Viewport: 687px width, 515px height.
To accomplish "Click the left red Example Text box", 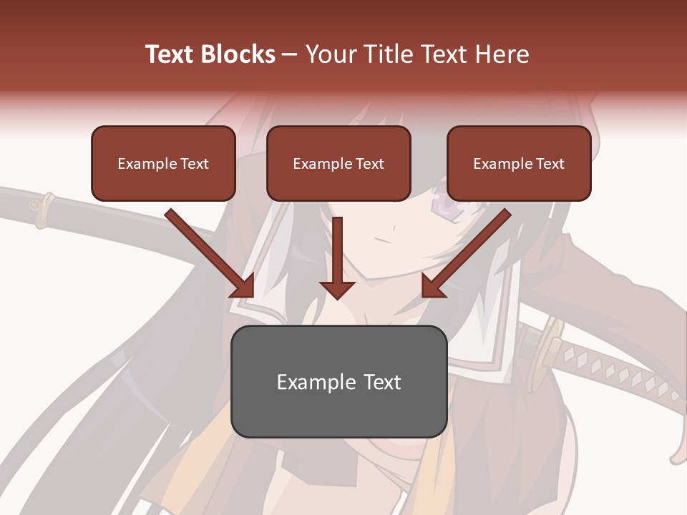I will click(x=163, y=164).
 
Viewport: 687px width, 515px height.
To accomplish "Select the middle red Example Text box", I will click(x=338, y=164).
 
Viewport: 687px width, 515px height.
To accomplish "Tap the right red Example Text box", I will click(x=519, y=164).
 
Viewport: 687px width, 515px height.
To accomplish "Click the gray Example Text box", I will click(x=338, y=382).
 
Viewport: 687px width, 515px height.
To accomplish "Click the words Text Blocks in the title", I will click(x=210, y=54).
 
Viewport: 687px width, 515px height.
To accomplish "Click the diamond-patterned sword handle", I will click(x=615, y=372).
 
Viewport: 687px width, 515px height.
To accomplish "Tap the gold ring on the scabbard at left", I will click(x=44, y=207).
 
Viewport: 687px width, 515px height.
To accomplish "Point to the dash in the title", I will click(x=291, y=54).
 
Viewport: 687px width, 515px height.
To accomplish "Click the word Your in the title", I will click(x=330, y=54).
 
